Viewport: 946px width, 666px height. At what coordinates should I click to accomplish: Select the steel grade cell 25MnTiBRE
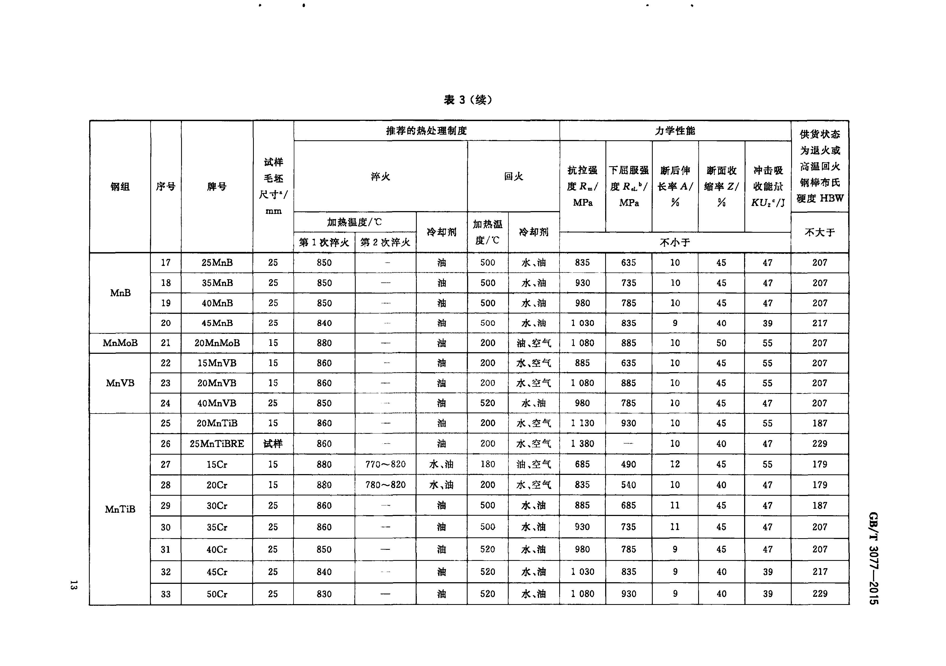[x=217, y=444]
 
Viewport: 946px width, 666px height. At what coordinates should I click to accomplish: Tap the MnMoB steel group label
[x=120, y=343]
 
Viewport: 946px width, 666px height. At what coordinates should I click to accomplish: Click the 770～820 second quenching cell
[x=385, y=464]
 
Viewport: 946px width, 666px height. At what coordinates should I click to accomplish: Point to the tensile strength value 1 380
[x=582, y=444]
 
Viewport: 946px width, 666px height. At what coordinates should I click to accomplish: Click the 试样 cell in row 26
[x=273, y=444]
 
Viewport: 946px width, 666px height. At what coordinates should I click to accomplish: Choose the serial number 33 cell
[x=166, y=594]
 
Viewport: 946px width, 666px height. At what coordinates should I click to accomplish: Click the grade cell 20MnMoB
[x=217, y=343]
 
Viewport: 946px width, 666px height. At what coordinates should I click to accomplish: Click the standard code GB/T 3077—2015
[x=874, y=558]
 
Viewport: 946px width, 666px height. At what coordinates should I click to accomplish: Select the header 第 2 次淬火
[x=385, y=242]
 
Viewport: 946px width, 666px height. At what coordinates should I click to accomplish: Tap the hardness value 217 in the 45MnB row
[x=820, y=323]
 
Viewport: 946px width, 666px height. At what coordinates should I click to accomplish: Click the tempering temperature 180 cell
[x=487, y=464]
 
